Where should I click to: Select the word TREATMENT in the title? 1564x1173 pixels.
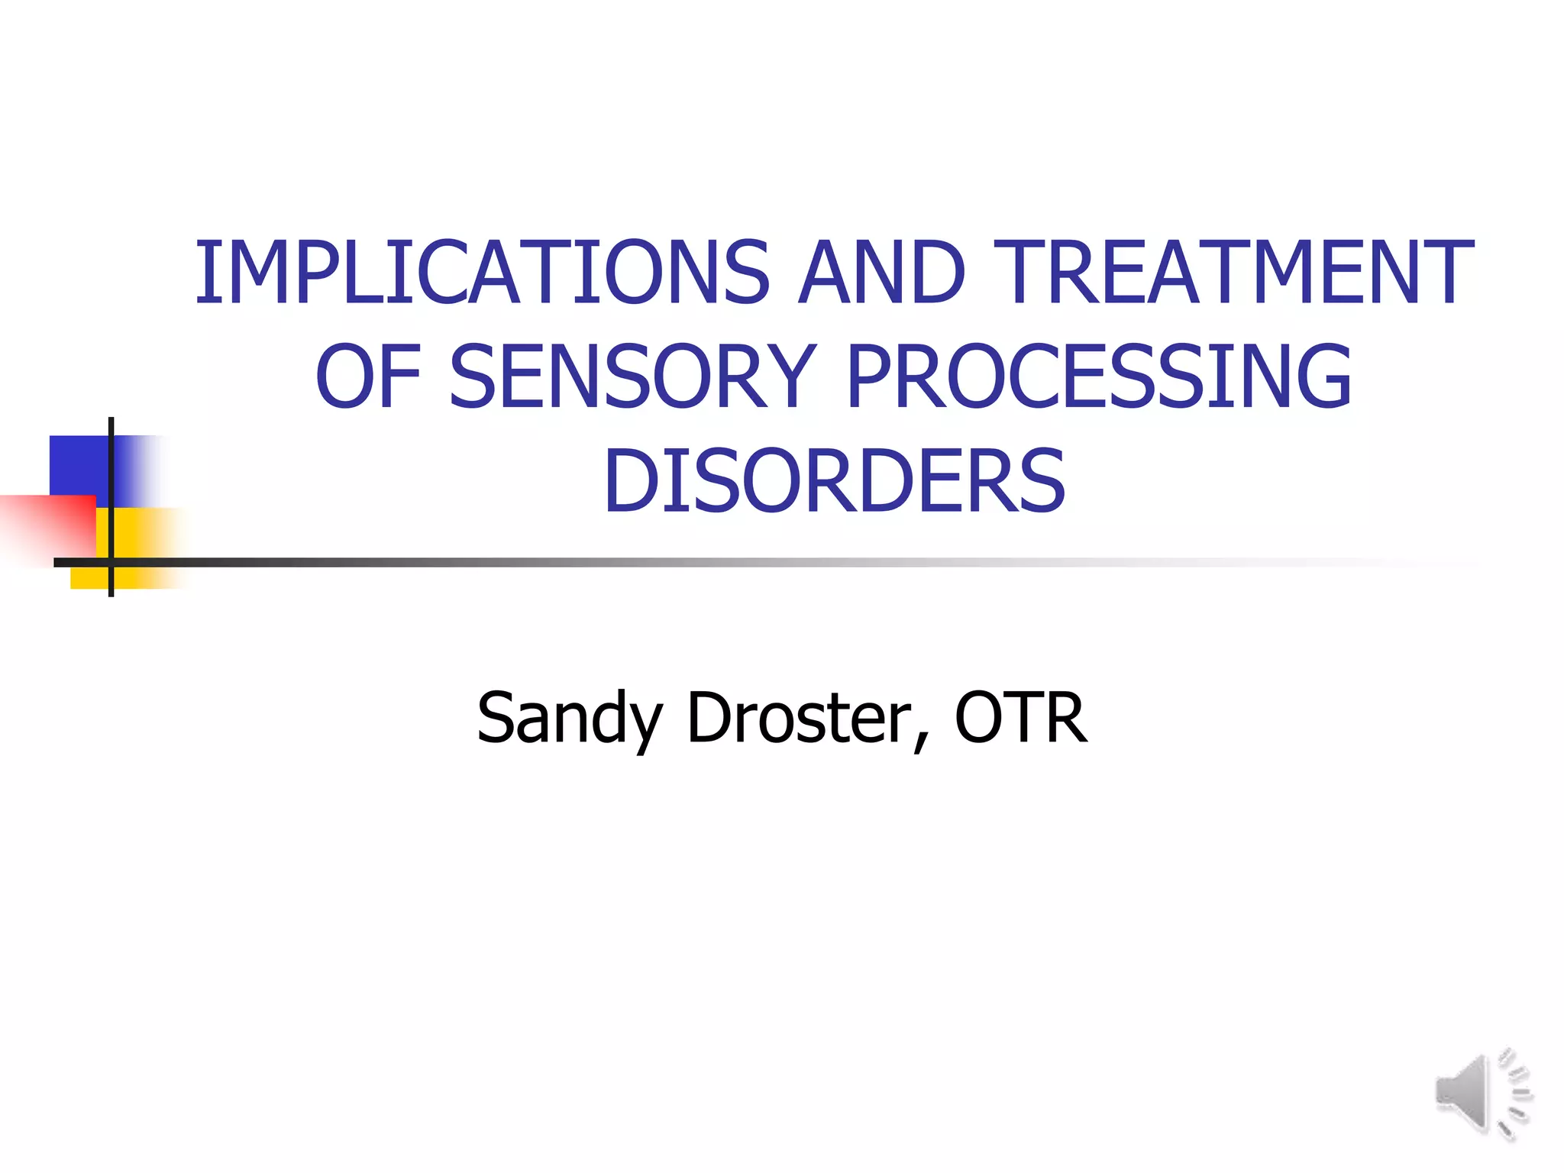(1233, 273)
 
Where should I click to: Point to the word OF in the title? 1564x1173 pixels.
(368, 376)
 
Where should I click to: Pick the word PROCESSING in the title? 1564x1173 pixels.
(1100, 376)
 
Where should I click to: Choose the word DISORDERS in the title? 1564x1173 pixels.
(834, 481)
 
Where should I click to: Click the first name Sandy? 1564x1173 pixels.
(569, 719)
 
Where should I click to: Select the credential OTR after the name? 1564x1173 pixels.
(1021, 717)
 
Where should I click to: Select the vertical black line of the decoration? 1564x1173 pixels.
(111, 458)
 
